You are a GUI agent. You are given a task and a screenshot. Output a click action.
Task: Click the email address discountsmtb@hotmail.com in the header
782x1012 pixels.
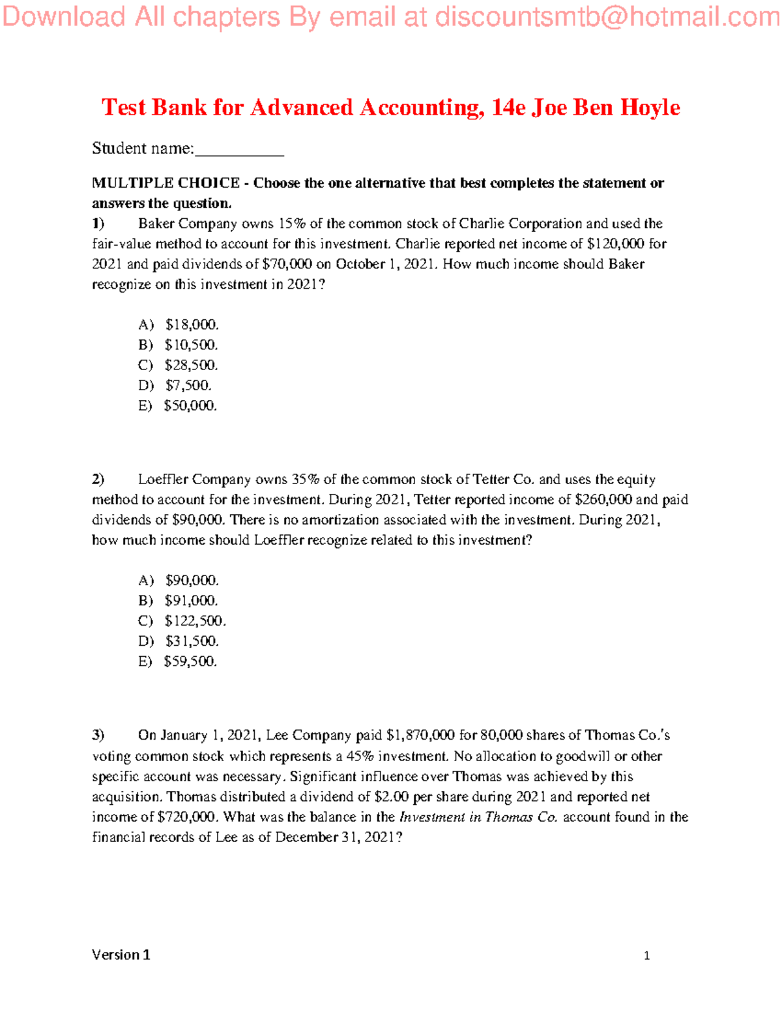[607, 18]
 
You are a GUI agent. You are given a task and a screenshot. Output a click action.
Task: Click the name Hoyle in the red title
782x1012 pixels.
[650, 108]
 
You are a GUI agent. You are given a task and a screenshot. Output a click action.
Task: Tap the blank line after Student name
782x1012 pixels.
[239, 150]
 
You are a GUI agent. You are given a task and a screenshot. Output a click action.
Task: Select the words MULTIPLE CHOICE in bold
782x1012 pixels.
[166, 183]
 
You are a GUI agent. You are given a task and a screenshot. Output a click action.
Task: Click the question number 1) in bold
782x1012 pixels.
[98, 224]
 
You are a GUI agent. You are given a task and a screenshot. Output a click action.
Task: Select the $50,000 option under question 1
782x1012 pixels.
[190, 405]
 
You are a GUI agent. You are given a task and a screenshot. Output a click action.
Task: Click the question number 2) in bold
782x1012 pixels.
[98, 480]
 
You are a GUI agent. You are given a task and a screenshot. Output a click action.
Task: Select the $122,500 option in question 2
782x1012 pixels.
[195, 620]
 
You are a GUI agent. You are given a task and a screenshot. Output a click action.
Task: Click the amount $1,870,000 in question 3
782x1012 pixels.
[420, 736]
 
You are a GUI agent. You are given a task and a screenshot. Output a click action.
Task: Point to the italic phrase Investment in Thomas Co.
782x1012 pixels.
[478, 817]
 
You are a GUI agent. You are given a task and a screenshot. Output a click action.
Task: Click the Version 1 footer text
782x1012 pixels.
[121, 955]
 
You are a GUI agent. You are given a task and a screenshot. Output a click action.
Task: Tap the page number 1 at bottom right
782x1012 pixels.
[646, 956]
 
